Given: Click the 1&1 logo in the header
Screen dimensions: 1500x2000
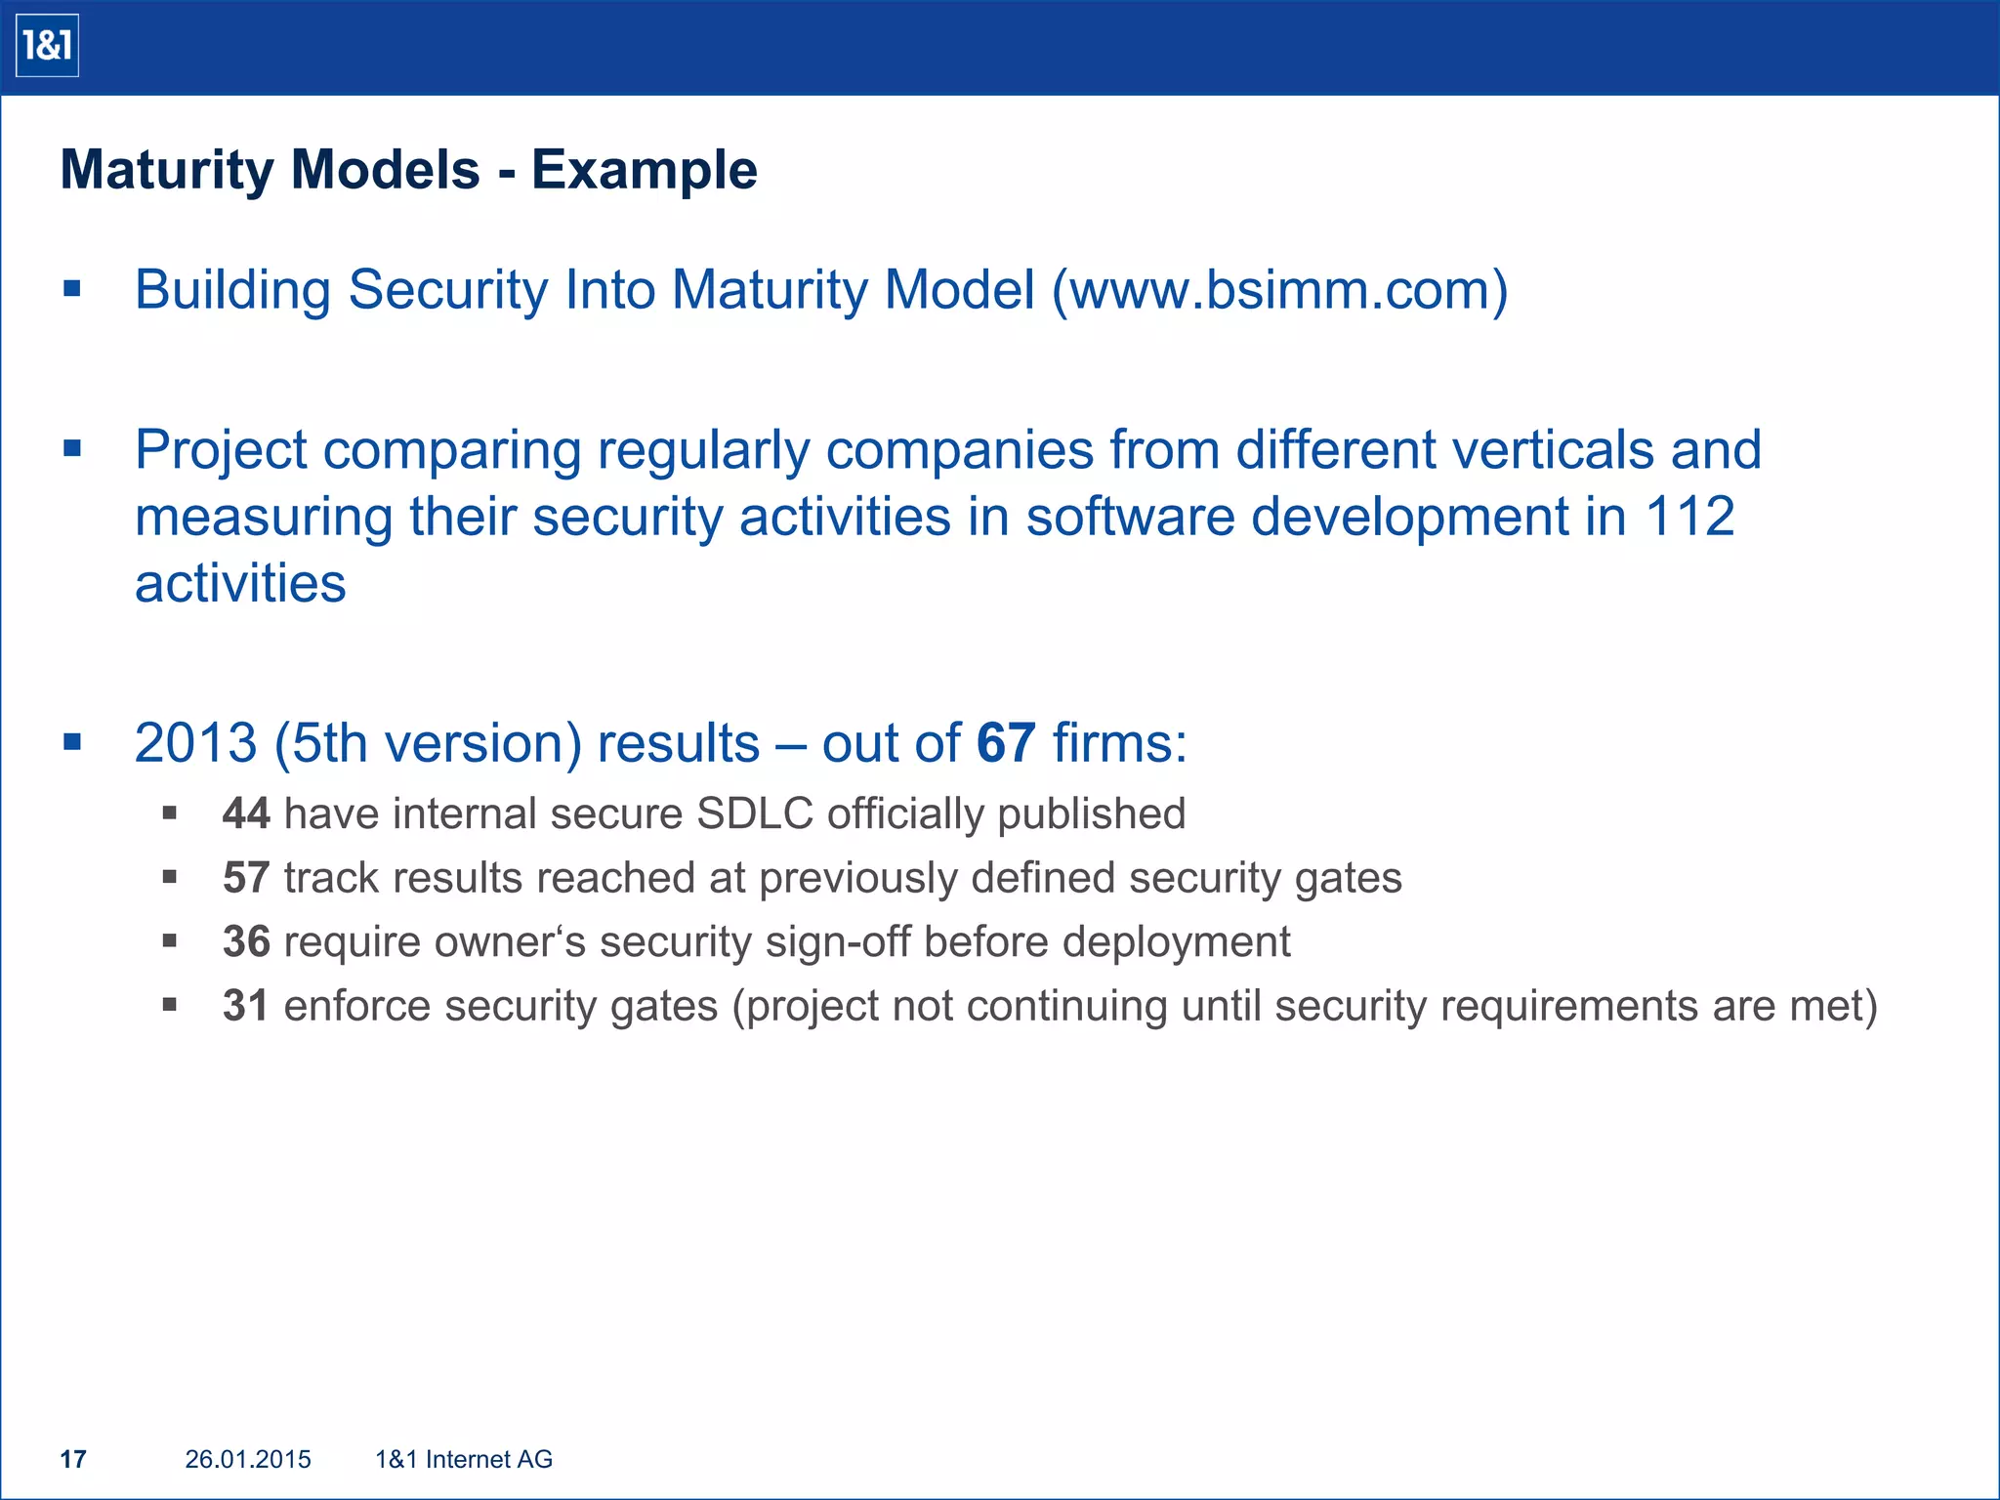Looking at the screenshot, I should pos(47,46).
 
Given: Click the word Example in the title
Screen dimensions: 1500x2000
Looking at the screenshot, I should pos(645,170).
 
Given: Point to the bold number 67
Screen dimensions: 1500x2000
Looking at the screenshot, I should pos(1006,743).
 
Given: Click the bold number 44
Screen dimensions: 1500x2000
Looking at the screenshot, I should pos(246,813).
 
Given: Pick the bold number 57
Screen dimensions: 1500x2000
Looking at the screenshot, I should pos(246,878).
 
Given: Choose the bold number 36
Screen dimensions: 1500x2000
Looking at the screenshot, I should pos(246,942).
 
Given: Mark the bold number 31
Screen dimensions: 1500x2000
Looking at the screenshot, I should pos(246,1006).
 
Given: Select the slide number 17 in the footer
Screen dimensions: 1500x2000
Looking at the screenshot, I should pos(73,1459).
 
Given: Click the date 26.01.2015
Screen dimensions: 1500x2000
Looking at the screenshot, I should pos(248,1459).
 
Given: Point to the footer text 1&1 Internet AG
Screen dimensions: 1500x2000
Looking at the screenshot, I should pos(464,1459).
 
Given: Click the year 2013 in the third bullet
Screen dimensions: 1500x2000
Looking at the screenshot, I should pos(195,743).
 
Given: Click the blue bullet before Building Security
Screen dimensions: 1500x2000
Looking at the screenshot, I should pos(71,288).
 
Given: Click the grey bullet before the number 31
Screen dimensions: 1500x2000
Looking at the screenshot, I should pos(170,1004).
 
